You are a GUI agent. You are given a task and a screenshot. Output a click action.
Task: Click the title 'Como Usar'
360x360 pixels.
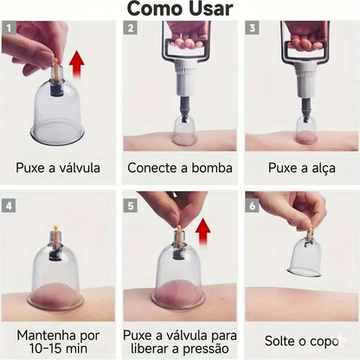coord(179,10)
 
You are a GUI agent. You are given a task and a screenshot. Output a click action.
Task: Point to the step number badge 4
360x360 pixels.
coord(9,207)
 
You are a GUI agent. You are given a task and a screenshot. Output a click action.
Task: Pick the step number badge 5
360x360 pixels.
coord(130,207)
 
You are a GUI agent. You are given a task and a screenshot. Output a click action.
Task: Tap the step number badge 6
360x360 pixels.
coord(252,207)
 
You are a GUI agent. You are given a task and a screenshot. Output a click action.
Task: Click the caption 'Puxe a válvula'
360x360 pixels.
coord(58,168)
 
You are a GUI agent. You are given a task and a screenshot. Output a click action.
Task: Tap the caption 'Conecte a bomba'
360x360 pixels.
coord(179,168)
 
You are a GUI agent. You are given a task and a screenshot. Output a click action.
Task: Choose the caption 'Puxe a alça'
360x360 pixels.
coord(300,168)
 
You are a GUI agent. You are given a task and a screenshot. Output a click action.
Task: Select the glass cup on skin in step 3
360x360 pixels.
coord(305,131)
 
